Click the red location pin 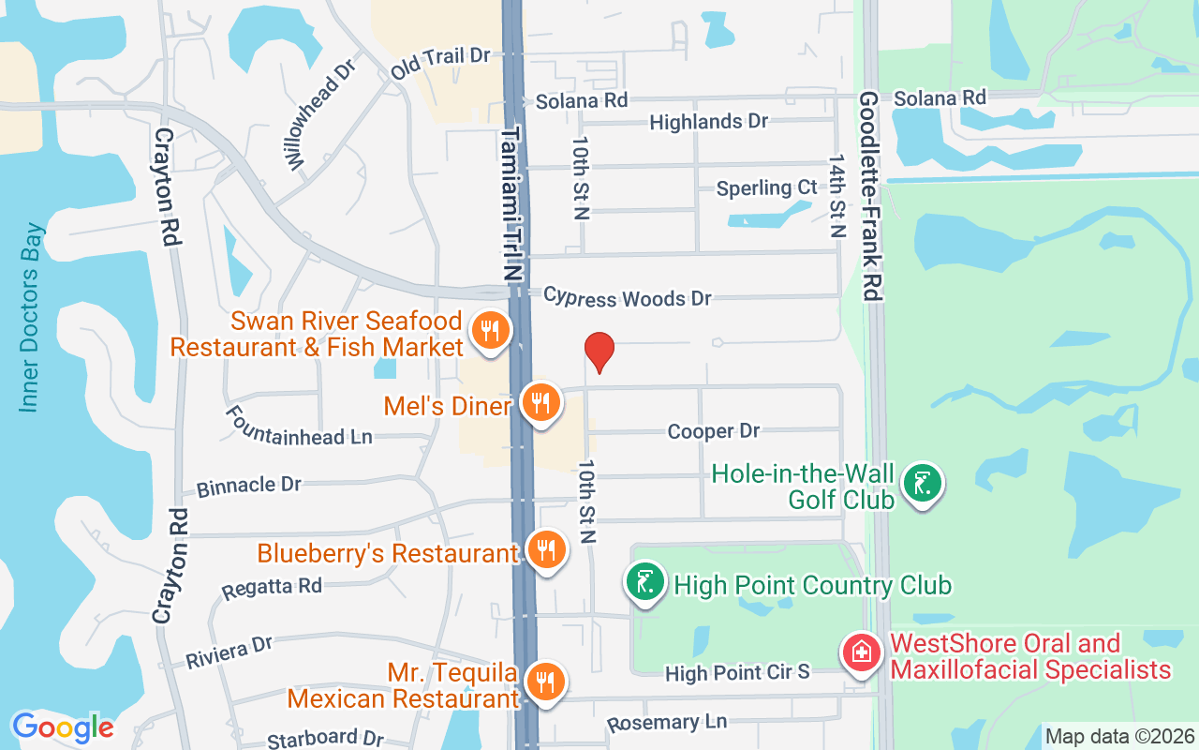599,352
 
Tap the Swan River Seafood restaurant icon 489,331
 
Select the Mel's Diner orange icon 540,403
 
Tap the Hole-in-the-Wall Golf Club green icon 923,485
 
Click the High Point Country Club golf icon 645,583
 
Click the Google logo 63,727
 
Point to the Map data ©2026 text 1119,737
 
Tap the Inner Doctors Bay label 31,317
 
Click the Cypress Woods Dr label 628,298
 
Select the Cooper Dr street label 714,431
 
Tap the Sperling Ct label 766,187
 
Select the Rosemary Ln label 667,723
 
